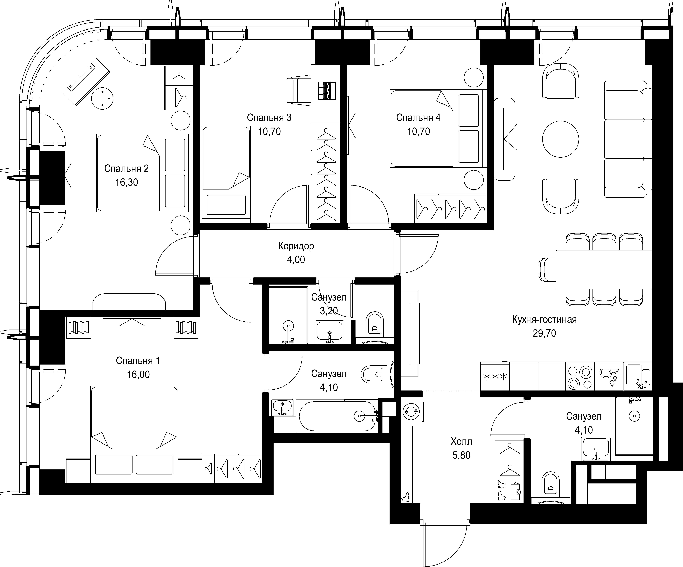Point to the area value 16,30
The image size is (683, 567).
click(126, 182)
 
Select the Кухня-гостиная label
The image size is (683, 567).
click(544, 320)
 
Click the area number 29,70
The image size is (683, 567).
click(544, 333)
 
